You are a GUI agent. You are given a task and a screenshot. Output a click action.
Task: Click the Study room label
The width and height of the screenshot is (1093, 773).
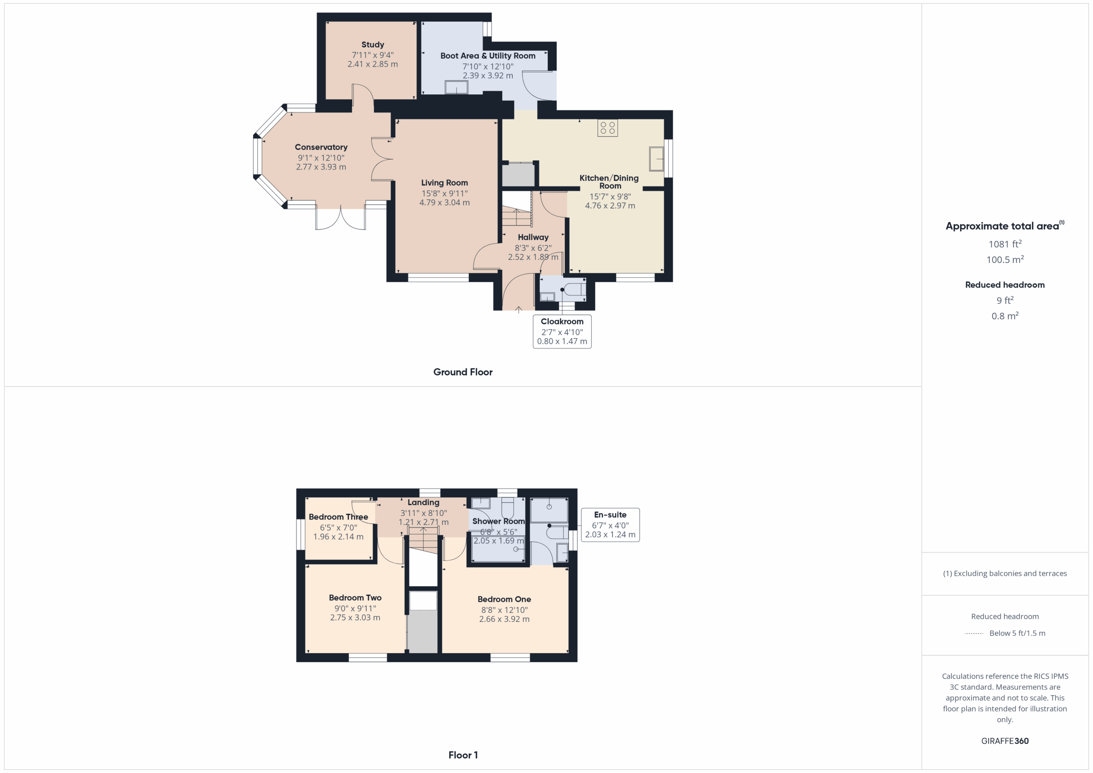[372, 45]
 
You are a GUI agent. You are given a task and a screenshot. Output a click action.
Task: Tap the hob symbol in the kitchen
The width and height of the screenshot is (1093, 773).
[608, 128]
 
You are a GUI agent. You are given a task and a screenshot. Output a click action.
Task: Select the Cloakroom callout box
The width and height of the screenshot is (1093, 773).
[562, 331]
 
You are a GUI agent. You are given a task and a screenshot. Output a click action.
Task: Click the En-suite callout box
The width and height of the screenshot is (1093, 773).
[610, 525]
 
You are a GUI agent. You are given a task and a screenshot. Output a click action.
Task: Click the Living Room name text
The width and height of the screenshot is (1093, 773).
[444, 183]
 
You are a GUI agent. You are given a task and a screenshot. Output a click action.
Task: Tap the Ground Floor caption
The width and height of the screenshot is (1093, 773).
[463, 372]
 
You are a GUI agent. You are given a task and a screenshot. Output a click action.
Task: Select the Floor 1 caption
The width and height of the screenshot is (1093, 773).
[463, 755]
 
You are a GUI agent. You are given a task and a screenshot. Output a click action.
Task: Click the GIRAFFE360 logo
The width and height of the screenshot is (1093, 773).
[1005, 741]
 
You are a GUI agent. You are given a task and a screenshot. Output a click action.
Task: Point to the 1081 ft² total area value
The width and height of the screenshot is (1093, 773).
[1005, 244]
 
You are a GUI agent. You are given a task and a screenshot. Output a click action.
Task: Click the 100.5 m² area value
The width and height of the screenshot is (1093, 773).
[1005, 260]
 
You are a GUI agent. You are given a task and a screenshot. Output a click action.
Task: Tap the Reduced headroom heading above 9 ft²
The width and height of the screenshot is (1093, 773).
[1005, 285]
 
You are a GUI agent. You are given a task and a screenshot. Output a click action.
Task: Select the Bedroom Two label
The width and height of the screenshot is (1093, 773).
[355, 598]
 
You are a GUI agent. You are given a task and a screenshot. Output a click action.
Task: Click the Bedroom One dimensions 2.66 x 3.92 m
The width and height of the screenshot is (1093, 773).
[504, 619]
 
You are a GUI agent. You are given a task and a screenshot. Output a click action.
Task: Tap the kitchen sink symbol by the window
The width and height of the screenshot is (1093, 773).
[657, 158]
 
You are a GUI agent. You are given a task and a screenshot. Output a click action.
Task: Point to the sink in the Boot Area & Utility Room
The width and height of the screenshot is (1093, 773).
[456, 88]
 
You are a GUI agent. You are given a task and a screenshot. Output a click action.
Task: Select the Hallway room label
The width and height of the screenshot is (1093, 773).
[533, 237]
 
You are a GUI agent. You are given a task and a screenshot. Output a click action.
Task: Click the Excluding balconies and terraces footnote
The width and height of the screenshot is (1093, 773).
[1005, 574]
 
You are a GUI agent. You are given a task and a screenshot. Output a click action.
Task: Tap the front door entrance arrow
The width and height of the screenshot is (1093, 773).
[518, 310]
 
